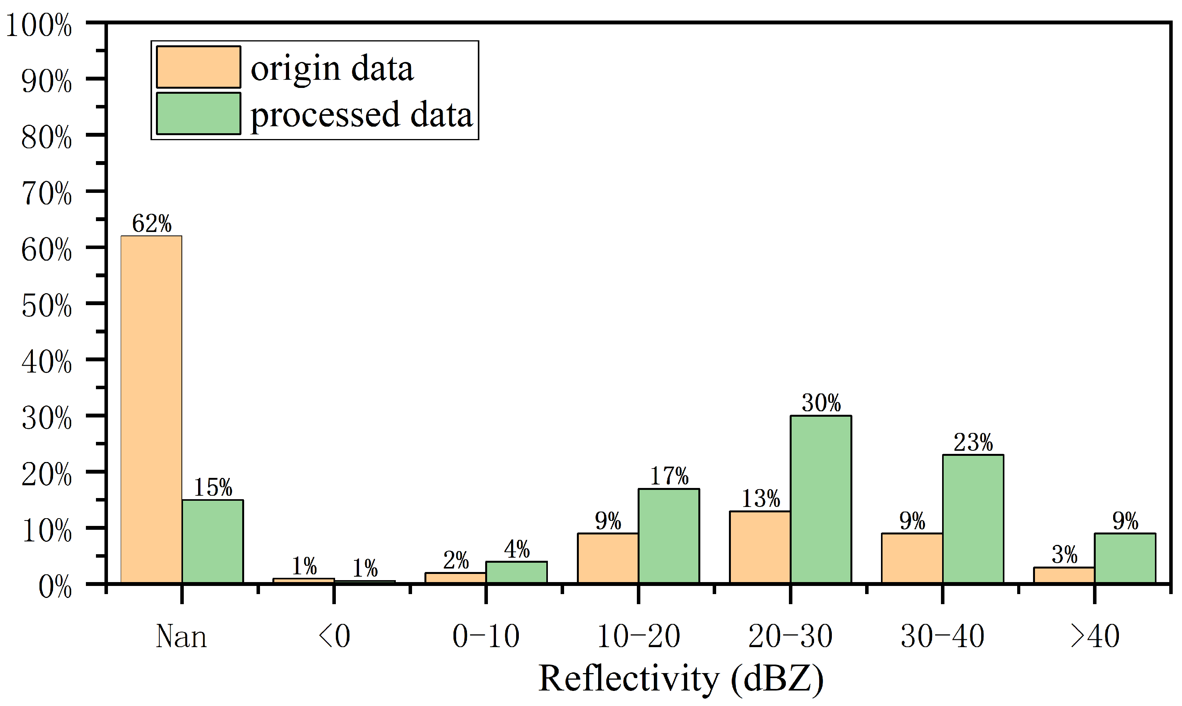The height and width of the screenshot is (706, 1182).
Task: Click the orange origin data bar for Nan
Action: click(151, 409)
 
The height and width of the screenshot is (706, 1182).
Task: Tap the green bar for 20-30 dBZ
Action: click(821, 500)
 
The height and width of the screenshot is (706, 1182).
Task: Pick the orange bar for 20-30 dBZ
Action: click(760, 547)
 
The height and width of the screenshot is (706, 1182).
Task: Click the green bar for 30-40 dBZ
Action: click(973, 519)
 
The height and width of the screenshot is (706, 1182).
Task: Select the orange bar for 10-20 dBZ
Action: click(608, 558)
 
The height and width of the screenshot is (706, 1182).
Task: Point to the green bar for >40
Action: click(1125, 558)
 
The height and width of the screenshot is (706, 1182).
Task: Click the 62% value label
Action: click(152, 223)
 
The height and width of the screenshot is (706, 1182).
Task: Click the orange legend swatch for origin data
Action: click(198, 67)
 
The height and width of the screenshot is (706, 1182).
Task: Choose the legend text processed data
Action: click(361, 115)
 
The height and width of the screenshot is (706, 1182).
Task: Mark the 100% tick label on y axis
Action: click(39, 25)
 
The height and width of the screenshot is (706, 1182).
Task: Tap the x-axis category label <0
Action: click(334, 637)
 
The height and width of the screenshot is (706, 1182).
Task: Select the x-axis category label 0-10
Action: click(486, 637)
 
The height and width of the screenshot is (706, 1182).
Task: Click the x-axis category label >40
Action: click(1095, 637)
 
